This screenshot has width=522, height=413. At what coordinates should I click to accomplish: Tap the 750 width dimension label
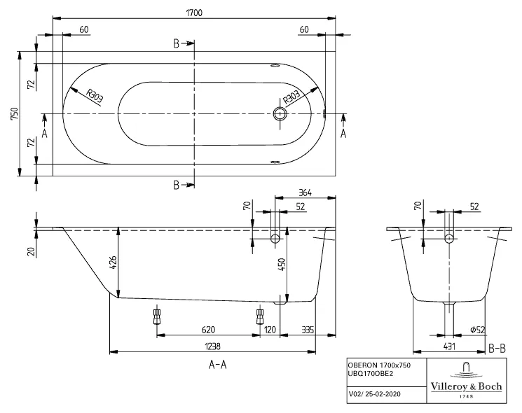point(14,113)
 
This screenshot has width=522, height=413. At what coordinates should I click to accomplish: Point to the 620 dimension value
point(207,329)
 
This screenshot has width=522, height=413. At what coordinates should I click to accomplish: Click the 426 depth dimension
point(114,263)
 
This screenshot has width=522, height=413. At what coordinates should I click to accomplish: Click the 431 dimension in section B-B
point(448,346)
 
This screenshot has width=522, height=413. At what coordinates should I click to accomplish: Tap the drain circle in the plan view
point(281,113)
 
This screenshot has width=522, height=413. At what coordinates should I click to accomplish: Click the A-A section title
point(218,364)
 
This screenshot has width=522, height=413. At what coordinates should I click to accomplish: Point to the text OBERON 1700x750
point(378,365)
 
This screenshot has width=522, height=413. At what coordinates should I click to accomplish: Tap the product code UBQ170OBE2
point(371,374)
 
